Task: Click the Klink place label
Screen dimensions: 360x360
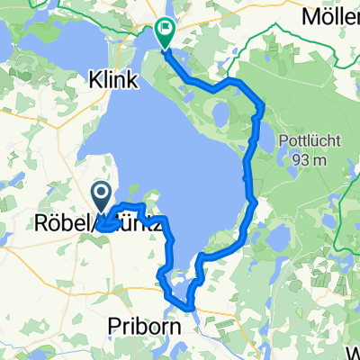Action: click(113, 80)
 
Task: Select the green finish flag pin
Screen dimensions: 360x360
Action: click(166, 32)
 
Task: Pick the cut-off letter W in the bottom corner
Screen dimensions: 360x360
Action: click(352, 352)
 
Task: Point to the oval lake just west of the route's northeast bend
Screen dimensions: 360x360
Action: click(219, 114)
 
